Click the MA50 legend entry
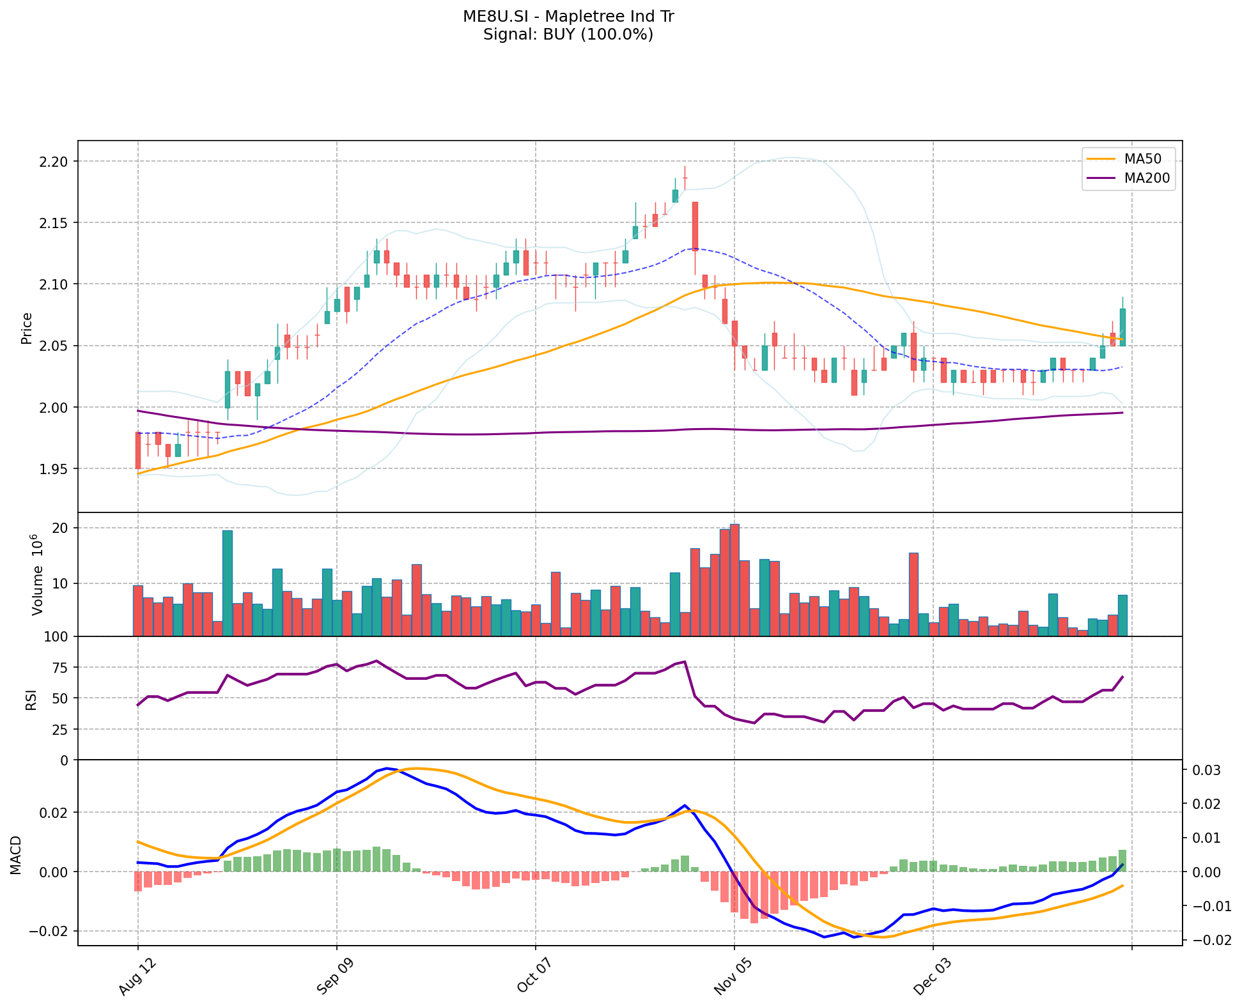pyautogui.click(x=1142, y=159)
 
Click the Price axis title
pyautogui.click(x=27, y=328)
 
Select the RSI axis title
pyautogui.click(x=31, y=699)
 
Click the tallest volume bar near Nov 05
pyautogui.click(x=734, y=579)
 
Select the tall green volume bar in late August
pyautogui.click(x=227, y=583)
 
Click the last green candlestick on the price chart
pyautogui.click(x=1122, y=327)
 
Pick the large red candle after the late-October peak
pyautogui.click(x=695, y=226)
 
